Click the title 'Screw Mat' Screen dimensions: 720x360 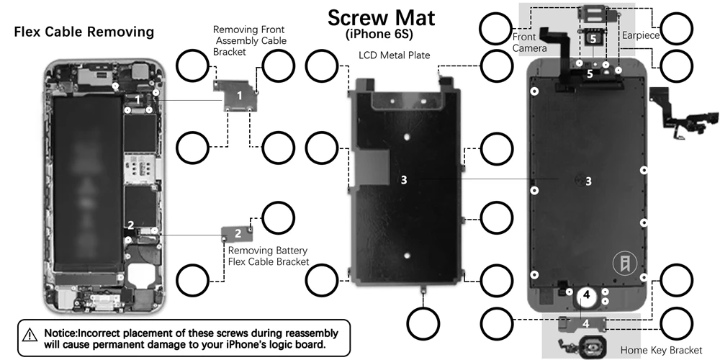(381, 17)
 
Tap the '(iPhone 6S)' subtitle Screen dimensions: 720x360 (379, 34)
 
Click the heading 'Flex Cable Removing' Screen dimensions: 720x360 (84, 32)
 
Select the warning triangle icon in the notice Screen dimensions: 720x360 (30, 334)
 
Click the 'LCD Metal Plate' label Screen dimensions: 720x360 (395, 55)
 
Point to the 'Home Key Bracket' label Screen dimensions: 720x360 (661, 351)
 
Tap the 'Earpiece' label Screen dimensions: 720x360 (641, 35)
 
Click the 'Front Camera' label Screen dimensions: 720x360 (529, 42)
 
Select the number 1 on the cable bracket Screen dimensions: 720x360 (239, 96)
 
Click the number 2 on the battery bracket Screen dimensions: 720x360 (238, 233)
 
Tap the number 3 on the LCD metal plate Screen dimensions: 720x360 (404, 180)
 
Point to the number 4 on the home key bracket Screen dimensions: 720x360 (585, 323)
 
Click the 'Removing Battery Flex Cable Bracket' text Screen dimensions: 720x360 (268, 256)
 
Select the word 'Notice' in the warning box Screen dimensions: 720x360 (60, 333)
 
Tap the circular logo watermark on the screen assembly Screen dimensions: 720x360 (625, 264)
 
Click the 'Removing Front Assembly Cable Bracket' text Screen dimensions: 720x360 (250, 40)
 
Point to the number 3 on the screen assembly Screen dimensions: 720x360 (588, 181)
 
